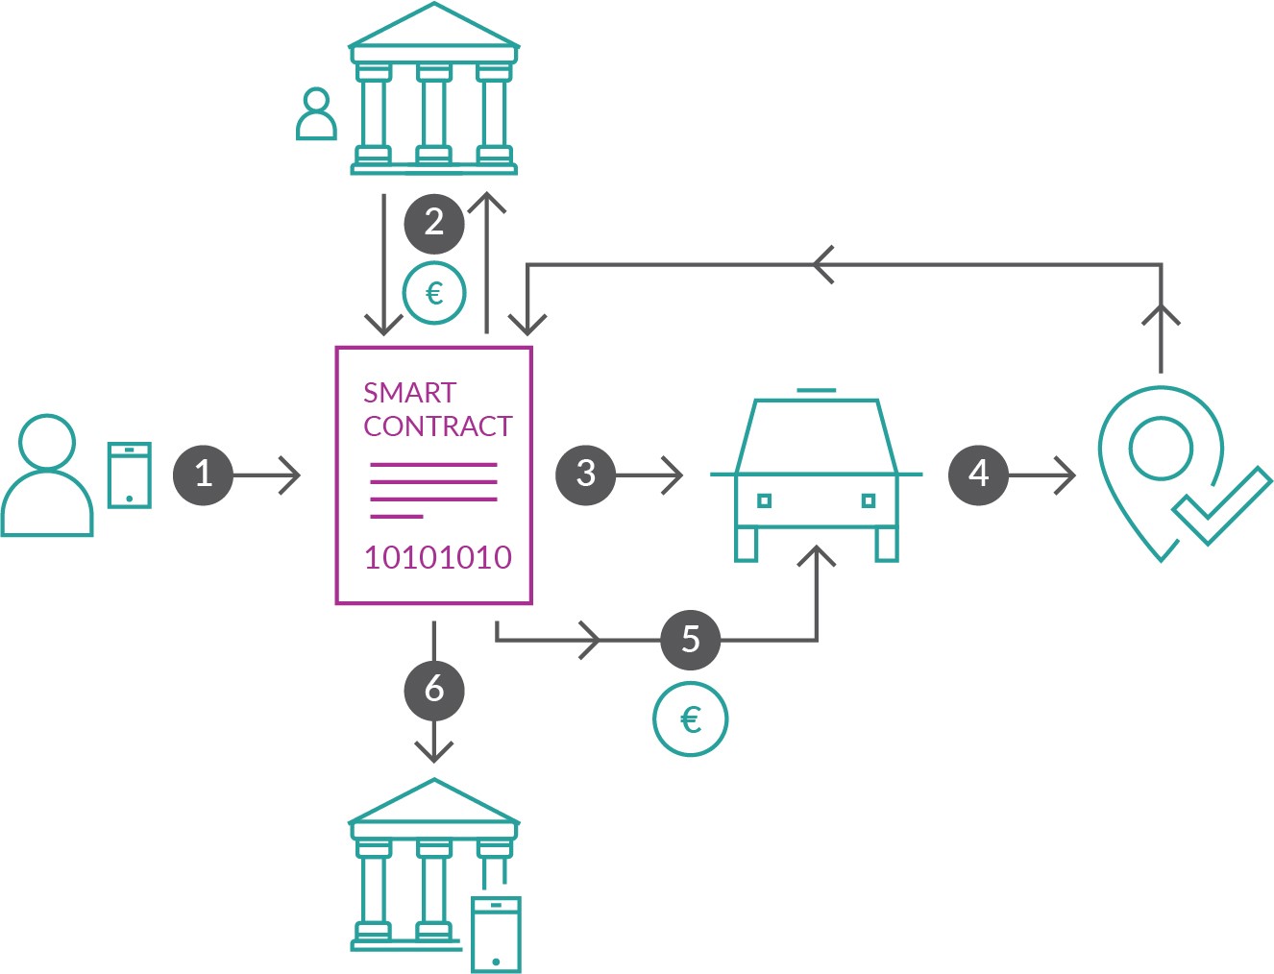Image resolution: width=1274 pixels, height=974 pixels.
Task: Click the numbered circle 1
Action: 204,474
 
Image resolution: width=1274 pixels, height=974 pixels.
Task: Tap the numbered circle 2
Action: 434,223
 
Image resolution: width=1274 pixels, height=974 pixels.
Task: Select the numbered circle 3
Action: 586,474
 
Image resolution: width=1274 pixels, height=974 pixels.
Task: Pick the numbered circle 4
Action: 978,474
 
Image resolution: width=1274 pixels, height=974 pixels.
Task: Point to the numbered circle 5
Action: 691,640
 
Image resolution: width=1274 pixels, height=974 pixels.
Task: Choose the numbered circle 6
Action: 434,689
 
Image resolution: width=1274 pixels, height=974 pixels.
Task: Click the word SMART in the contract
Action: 409,393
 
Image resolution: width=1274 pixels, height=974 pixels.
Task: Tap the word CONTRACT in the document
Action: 438,426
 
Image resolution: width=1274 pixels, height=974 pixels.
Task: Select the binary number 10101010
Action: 438,557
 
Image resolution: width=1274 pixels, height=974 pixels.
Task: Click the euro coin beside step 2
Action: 434,293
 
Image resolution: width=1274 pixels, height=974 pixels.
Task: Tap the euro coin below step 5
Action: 691,718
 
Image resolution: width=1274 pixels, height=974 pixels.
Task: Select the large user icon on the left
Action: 47,475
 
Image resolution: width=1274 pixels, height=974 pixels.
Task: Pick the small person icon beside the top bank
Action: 316,114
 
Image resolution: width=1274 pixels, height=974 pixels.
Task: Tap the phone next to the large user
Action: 130,475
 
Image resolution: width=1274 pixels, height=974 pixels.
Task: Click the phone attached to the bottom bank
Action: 496,933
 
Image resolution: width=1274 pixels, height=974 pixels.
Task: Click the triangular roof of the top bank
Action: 434,29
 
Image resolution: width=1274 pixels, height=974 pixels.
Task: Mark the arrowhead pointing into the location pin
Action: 1066,474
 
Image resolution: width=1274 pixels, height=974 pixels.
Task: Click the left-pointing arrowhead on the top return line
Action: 822,264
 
